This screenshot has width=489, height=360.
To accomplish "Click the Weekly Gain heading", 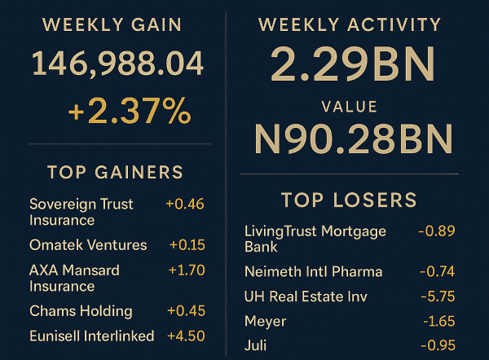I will (x=112, y=25).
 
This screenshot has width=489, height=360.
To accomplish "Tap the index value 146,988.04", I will (x=117, y=65).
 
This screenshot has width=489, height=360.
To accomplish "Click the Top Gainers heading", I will (x=115, y=173).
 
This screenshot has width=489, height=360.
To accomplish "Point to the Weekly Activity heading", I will (x=349, y=25).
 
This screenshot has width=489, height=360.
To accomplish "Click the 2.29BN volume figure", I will (x=353, y=66).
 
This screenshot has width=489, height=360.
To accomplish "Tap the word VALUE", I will (x=350, y=107).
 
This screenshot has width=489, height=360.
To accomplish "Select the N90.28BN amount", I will (x=353, y=140).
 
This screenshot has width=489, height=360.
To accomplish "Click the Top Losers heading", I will (x=349, y=200).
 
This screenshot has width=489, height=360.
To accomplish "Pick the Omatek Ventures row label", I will (x=88, y=245).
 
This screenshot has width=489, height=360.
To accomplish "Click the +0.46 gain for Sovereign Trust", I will (x=184, y=204).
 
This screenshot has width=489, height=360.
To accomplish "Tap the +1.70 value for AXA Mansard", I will (x=186, y=270).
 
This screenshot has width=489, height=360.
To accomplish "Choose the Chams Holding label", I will (x=81, y=311).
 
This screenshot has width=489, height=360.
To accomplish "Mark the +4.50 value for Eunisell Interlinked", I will (x=186, y=336).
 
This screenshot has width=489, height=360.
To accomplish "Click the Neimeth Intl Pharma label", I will (x=313, y=272).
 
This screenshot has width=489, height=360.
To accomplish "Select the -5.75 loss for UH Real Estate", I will (x=437, y=296).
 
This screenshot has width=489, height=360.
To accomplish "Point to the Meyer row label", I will (x=265, y=321).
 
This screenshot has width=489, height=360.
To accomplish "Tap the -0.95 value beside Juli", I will (x=438, y=345).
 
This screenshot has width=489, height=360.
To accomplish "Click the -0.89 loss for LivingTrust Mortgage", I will (x=436, y=231).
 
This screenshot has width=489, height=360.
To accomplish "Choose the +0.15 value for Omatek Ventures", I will (x=187, y=245).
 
